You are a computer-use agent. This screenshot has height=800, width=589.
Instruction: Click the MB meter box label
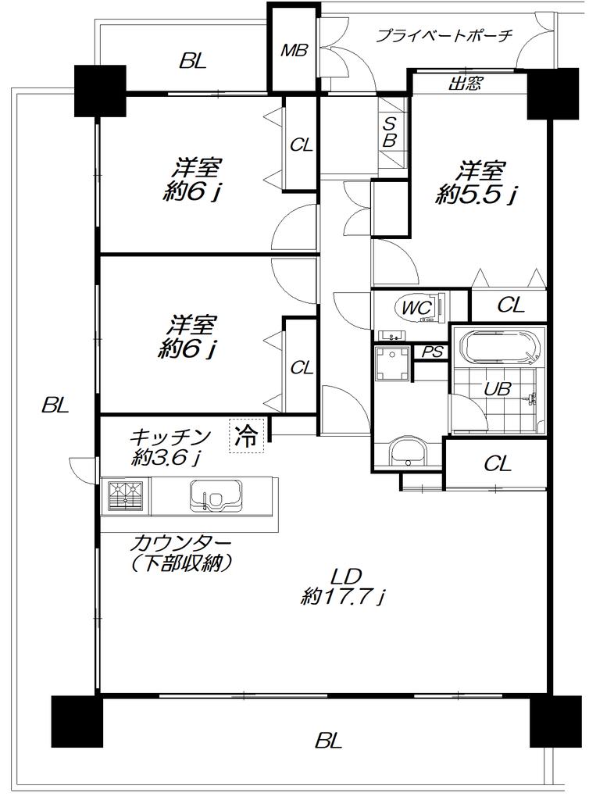point(294,51)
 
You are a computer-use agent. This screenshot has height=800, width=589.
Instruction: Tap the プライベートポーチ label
point(444,36)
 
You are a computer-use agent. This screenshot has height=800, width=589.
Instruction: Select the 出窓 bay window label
point(465,83)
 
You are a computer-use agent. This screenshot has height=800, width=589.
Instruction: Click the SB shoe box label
point(390,132)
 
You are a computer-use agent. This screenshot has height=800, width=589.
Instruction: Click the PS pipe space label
point(431,352)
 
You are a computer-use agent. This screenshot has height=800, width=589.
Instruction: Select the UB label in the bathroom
point(497,389)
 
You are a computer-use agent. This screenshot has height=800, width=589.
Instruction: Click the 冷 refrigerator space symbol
point(247,435)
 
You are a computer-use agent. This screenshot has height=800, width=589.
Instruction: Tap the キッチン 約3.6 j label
point(170,448)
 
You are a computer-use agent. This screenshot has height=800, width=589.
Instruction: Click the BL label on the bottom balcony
point(328,741)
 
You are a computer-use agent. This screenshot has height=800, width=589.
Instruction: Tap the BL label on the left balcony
point(55,406)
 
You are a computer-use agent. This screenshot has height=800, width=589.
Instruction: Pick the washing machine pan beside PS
point(392,363)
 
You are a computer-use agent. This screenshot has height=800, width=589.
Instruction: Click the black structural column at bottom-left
point(77,721)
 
